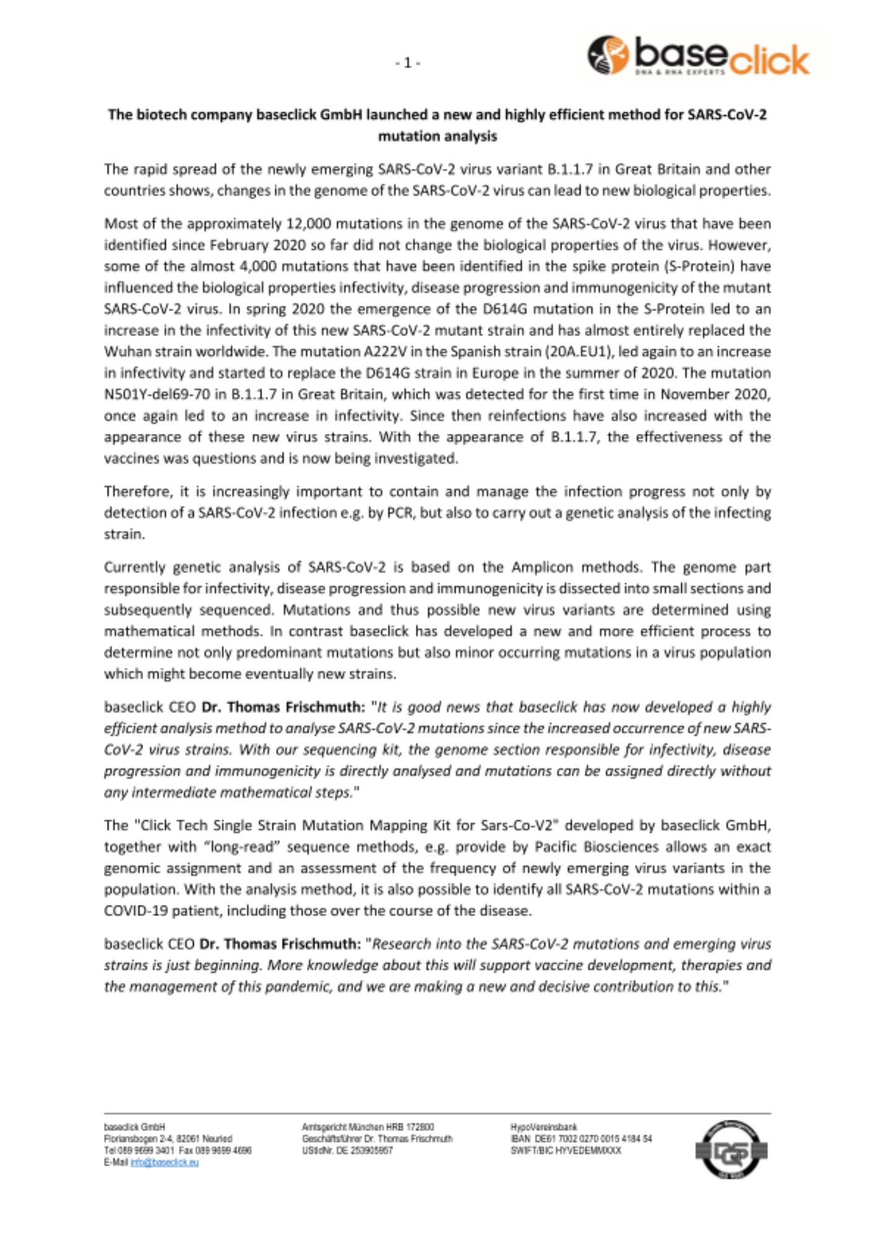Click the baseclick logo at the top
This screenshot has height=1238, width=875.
click(x=697, y=56)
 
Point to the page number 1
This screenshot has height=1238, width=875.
click(x=408, y=63)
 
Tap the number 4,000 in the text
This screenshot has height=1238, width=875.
click(x=262, y=266)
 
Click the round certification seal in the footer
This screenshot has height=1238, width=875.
click(x=731, y=1150)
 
